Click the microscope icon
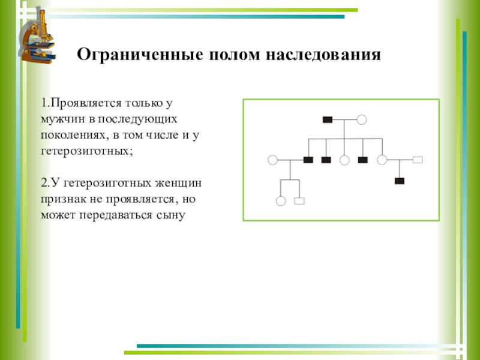[x=38, y=35]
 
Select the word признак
[x=62, y=198]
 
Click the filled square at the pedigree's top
[x=327, y=119]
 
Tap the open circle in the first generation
[x=361, y=119]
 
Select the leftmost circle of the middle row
[x=272, y=160]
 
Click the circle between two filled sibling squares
[x=344, y=160]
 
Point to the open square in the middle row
[x=418, y=160]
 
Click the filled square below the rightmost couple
[x=399, y=181]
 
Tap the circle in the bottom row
[x=281, y=201]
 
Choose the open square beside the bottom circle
[x=299, y=201]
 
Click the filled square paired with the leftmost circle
[x=308, y=160]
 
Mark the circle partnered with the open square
[x=382, y=160]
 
